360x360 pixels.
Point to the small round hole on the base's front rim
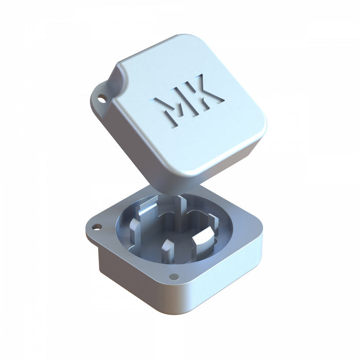pyautogui.click(x=174, y=276)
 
